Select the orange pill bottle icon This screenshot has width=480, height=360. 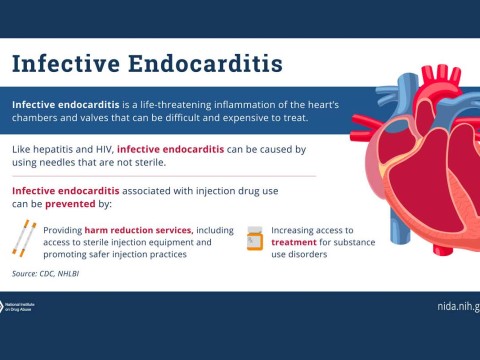point(254,238)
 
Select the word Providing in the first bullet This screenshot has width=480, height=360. point(62,229)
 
